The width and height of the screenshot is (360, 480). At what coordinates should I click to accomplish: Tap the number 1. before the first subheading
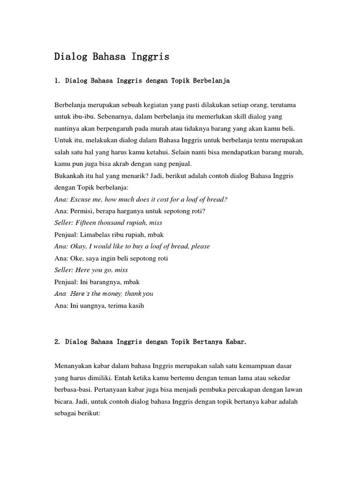[57, 81]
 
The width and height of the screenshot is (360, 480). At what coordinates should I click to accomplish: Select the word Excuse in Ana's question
[83, 199]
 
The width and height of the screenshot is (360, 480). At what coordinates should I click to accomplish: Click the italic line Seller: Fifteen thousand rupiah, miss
[108, 223]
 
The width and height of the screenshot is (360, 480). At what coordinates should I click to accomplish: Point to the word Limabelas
[96, 234]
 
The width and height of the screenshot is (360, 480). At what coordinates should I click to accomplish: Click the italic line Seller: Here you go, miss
[91, 270]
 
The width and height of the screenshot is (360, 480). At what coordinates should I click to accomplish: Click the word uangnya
[93, 306]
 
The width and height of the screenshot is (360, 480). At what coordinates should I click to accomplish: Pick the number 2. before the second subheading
[57, 341]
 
